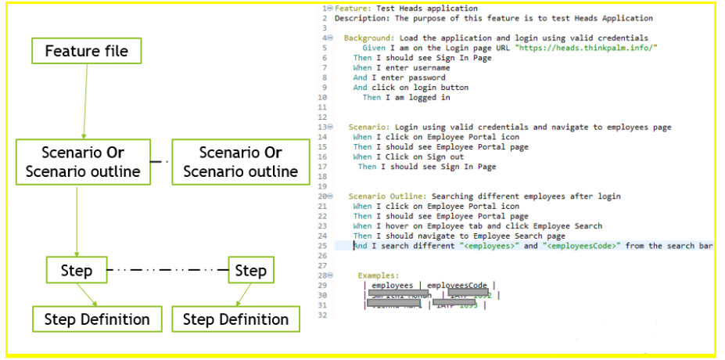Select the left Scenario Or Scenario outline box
[83, 162]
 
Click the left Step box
[77, 271]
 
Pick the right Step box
[250, 271]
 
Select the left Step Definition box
[97, 319]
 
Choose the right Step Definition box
[235, 319]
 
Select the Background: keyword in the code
[370, 38]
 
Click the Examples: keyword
[379, 275]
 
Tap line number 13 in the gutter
[321, 127]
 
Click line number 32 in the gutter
[321, 315]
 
